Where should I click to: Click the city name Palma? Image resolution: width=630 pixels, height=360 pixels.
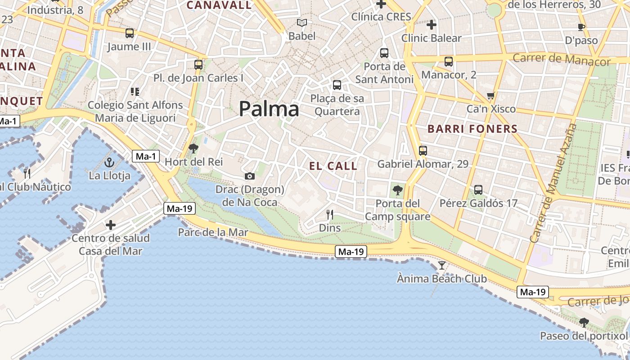click(x=269, y=109)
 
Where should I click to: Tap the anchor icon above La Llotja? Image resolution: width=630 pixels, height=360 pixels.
click(x=109, y=162)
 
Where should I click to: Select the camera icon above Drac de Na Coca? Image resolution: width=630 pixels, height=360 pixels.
click(x=250, y=176)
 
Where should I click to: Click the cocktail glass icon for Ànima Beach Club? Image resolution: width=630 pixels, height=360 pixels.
click(x=442, y=265)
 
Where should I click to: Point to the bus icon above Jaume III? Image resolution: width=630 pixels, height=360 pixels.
click(x=130, y=33)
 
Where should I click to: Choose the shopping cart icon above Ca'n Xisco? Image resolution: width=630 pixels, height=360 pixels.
click(x=490, y=95)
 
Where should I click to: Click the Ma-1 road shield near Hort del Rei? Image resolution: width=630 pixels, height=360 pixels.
click(x=146, y=156)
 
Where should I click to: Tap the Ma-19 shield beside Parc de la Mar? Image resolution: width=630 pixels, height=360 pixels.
click(x=179, y=208)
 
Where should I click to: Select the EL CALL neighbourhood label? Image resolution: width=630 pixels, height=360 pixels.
click(x=333, y=166)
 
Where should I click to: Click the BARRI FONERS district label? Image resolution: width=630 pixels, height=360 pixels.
click(x=472, y=129)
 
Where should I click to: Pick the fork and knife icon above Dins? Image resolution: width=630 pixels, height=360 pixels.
click(x=330, y=215)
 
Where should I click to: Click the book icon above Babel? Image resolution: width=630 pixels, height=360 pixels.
click(x=302, y=22)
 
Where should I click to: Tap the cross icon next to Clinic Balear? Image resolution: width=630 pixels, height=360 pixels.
click(x=431, y=25)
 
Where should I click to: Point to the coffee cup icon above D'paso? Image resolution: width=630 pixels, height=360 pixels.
click(x=581, y=27)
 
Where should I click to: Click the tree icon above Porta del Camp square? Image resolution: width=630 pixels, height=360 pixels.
click(x=397, y=190)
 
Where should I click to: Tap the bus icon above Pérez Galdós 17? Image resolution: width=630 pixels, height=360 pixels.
click(x=478, y=190)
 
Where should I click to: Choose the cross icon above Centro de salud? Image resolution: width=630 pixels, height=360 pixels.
click(x=111, y=225)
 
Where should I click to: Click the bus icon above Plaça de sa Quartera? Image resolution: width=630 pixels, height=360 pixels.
click(x=337, y=85)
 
